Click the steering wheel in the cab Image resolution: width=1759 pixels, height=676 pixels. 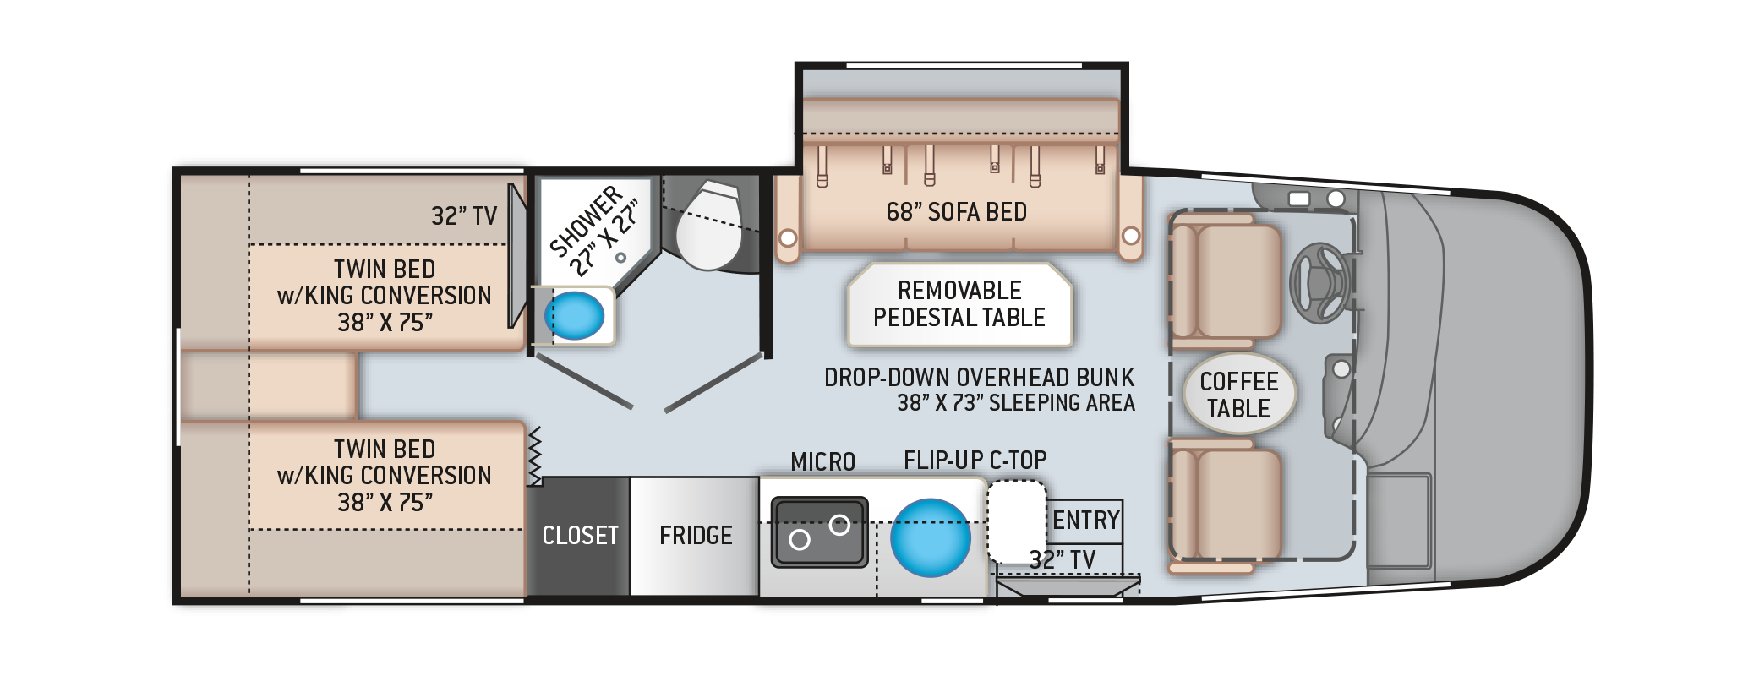(x=1319, y=282)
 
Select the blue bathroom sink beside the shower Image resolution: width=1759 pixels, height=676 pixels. (x=575, y=315)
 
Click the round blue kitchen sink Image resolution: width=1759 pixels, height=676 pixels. (x=930, y=536)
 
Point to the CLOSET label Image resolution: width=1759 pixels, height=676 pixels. (x=580, y=536)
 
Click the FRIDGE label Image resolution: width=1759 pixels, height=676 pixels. (x=696, y=536)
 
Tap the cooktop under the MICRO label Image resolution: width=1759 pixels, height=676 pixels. (x=819, y=531)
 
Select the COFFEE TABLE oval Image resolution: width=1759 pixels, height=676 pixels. (x=1238, y=395)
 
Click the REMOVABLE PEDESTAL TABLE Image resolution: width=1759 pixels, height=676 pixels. (x=959, y=304)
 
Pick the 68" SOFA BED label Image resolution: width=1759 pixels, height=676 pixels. (x=956, y=212)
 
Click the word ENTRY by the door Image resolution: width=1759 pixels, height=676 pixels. (x=1086, y=520)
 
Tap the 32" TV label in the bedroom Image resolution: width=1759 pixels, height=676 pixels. (x=464, y=216)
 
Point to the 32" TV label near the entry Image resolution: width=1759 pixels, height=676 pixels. (x=1063, y=559)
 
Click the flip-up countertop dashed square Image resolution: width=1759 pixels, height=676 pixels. (x=1017, y=521)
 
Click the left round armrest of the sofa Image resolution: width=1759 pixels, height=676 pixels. (x=787, y=238)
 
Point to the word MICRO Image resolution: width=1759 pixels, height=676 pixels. (x=822, y=462)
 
